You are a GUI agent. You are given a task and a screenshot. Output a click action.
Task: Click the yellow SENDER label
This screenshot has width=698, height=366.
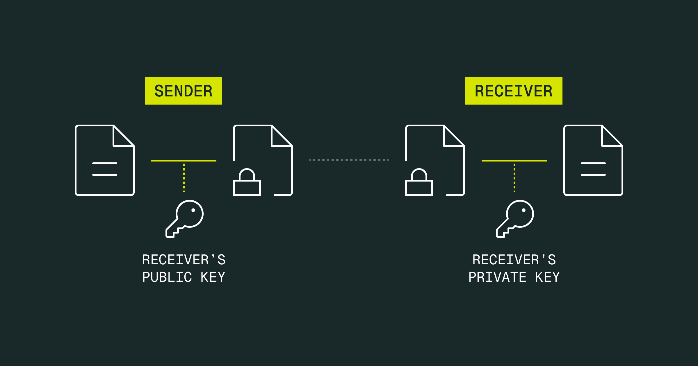[x=184, y=91]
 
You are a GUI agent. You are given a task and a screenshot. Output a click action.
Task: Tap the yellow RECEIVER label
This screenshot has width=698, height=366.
[x=514, y=91]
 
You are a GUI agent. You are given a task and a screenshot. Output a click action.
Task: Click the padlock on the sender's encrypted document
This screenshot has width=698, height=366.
[x=247, y=183]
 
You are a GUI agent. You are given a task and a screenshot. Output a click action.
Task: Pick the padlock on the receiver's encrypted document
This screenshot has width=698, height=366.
[x=419, y=183]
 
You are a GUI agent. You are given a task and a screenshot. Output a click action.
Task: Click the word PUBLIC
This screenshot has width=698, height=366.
[x=167, y=277]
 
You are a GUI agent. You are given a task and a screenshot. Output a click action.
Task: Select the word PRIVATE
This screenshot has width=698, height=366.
[x=497, y=277]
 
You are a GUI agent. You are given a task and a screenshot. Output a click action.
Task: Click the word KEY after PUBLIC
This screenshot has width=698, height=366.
[x=213, y=277]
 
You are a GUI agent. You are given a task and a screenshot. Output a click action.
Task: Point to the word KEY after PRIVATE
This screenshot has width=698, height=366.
[x=547, y=277]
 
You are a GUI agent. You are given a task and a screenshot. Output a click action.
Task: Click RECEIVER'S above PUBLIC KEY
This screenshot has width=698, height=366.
[x=184, y=260]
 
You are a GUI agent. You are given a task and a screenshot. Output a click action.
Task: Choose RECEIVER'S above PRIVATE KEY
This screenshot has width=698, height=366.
[x=514, y=260]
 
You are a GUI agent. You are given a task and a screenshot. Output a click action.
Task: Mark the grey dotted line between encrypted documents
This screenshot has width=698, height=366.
[x=349, y=160]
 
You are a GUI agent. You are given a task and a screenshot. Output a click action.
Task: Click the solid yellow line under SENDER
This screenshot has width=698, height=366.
[x=184, y=161]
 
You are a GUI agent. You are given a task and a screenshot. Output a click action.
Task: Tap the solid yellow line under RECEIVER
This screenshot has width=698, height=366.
[x=514, y=161]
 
